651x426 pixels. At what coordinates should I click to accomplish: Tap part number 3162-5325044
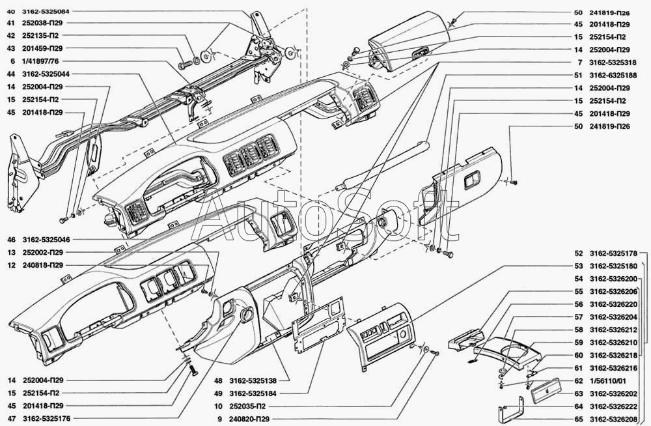coord(46,74)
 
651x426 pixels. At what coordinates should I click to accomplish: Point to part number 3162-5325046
coord(46,240)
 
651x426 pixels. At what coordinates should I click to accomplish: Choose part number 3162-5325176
coord(46,419)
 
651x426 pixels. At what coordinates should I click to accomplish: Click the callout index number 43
coord(11,48)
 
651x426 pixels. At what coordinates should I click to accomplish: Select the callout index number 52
coord(578,253)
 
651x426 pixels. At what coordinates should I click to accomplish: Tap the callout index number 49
coord(218,393)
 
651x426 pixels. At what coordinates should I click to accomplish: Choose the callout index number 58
coord(578,330)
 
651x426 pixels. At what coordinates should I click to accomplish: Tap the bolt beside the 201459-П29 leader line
coord(184,65)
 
